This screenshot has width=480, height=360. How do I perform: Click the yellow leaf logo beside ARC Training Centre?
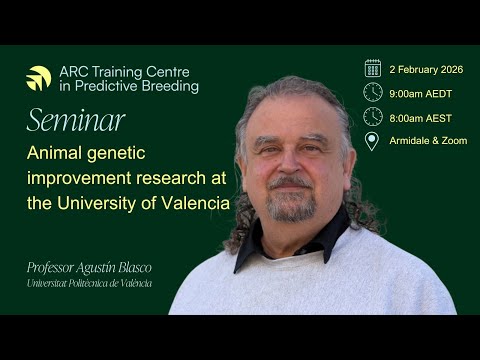coord(39,78)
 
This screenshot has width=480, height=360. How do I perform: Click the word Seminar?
coord(76,121)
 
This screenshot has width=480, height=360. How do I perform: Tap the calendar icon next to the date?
coord(372,68)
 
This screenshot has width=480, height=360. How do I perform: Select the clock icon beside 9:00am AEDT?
coord(372,92)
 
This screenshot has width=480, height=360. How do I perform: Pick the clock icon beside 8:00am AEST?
coord(372,116)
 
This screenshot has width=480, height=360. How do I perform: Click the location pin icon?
coord(372,141)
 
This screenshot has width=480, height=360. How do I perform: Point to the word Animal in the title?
coord(59,154)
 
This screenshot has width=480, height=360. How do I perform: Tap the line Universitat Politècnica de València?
coord(90,284)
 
